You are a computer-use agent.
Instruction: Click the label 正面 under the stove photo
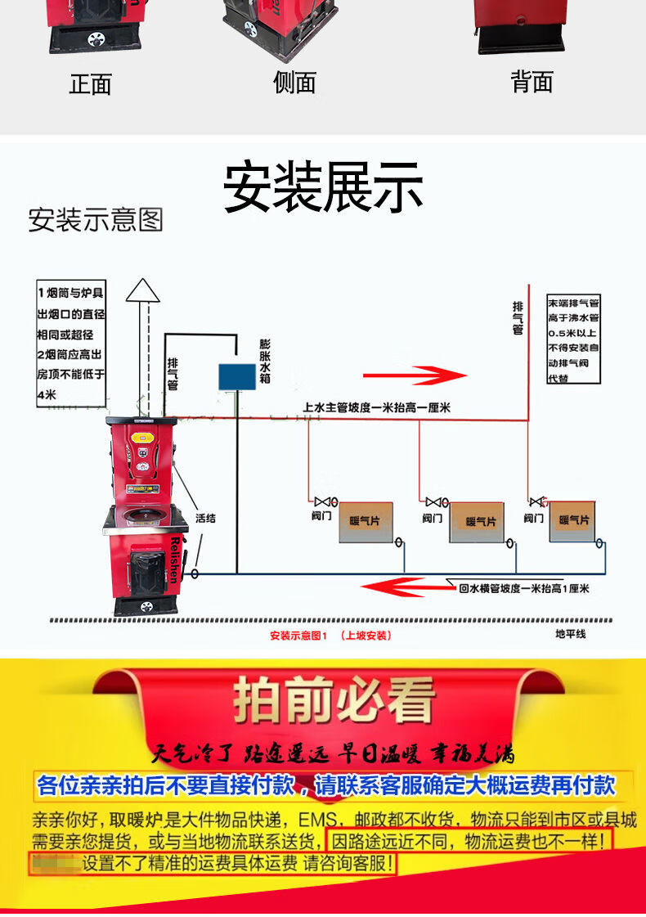90,83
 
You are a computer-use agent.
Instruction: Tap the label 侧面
294,82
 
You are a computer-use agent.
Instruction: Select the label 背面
532,81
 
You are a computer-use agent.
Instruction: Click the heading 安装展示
323,187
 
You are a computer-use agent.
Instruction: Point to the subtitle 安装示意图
96,219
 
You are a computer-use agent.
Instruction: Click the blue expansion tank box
237,376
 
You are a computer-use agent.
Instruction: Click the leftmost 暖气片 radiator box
366,521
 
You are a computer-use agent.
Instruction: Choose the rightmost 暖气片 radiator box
572,520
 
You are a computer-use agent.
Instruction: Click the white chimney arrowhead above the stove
143,290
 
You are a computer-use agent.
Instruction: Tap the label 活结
205,518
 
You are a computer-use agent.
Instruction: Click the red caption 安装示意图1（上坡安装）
330,636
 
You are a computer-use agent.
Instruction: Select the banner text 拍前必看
334,700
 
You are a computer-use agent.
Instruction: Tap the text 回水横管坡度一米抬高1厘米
523,588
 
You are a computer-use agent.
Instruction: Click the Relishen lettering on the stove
180,560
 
